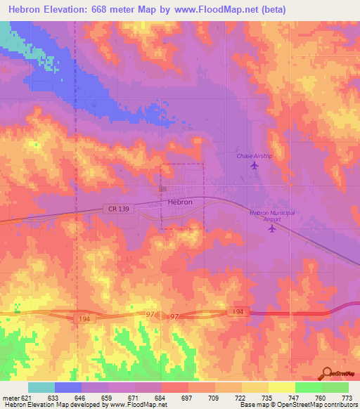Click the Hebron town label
(x=180, y=202)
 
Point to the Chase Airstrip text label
(x=254, y=155)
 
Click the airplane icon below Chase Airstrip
(x=255, y=165)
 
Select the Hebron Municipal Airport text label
(x=271, y=216)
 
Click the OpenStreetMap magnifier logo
(x=326, y=373)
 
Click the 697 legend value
(x=187, y=398)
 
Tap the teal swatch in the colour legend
(x=41, y=387)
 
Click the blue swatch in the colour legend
(x=68, y=387)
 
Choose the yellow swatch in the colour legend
(x=281, y=387)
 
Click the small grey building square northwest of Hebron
(x=162, y=188)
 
